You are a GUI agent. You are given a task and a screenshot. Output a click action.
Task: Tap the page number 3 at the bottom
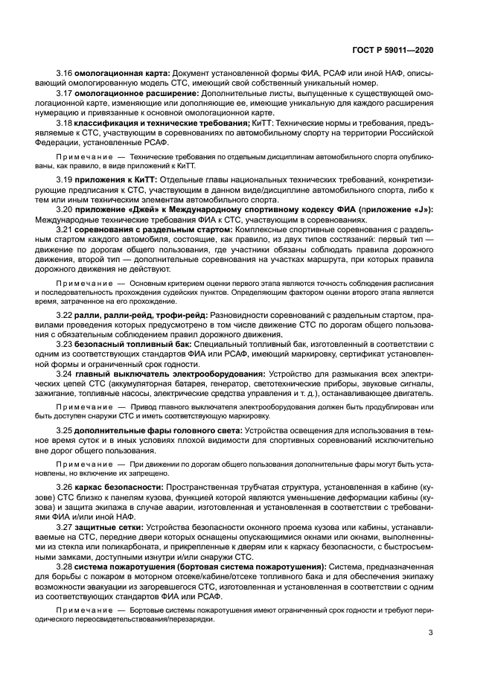pos(431,633)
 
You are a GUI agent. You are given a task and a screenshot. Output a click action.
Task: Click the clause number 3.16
pos(64,74)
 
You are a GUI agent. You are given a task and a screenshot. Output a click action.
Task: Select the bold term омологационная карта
pos(122,74)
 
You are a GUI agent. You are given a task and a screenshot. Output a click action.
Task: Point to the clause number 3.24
pos(64,374)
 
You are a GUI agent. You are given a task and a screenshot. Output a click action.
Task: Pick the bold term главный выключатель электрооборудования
pos(169,374)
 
